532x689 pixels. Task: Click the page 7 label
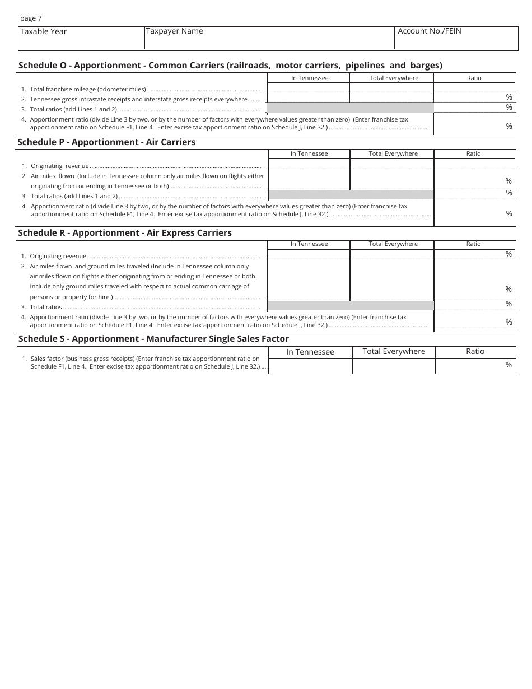31,18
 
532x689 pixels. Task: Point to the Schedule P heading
106,142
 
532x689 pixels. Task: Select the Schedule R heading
125,232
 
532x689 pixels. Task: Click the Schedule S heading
153,338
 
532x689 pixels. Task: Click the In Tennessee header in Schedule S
310,352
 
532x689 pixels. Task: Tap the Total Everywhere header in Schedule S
394,351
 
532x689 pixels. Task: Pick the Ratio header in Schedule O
474,78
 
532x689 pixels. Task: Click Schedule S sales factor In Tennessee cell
310,365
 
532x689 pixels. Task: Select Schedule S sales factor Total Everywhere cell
393,365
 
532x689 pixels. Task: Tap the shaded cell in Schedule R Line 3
351,305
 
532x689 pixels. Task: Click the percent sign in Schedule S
508,365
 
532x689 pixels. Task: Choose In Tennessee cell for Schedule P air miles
309,180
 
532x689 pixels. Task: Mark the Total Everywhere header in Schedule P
393,153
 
